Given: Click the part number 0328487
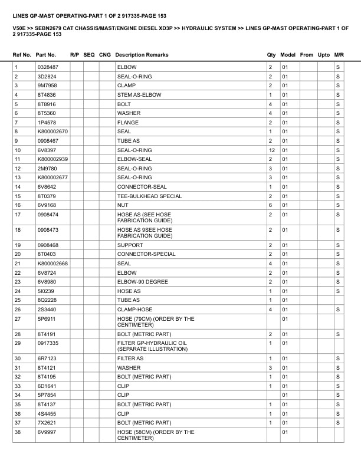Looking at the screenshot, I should (x=48, y=67).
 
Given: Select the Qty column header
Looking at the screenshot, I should (x=271, y=55).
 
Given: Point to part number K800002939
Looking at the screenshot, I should (x=53, y=159).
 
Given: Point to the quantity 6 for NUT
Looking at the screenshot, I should (x=270, y=205).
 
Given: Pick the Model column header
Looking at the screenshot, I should (x=288, y=55).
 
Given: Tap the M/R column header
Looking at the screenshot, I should (x=339, y=55).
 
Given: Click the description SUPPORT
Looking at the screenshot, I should (x=130, y=245).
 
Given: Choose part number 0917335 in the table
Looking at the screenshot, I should (x=48, y=343).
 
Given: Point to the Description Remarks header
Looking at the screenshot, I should (x=142, y=55).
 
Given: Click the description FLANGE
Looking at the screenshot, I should (x=128, y=123).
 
